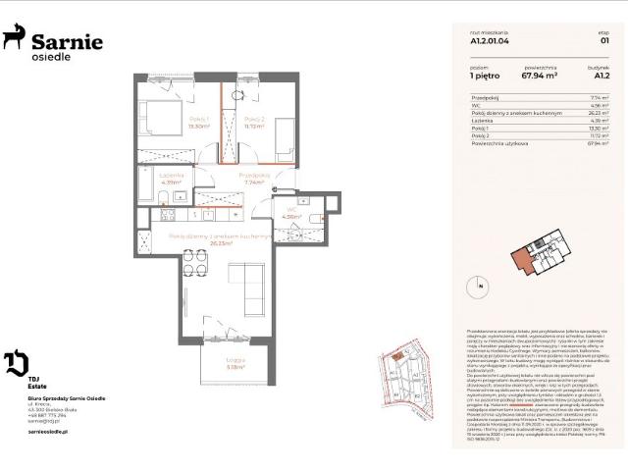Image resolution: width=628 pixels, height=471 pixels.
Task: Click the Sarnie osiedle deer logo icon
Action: [x=15, y=39]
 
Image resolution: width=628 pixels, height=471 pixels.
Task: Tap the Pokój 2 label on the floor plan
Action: [x=253, y=121]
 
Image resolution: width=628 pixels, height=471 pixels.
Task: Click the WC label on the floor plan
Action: [x=291, y=210]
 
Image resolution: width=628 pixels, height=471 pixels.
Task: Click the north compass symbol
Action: [x=480, y=286]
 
